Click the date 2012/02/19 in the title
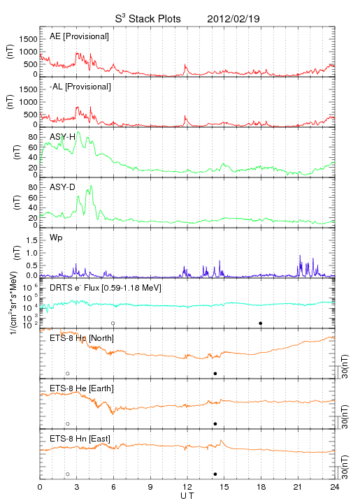click(x=233, y=19)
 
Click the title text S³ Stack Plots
click(x=148, y=19)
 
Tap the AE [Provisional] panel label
click(x=79, y=36)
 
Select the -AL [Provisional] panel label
click(x=80, y=87)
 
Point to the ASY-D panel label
click(x=62, y=187)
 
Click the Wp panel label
click(x=56, y=238)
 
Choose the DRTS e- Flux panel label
click(x=106, y=288)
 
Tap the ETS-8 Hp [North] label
click(x=82, y=338)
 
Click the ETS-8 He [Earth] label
click(x=82, y=388)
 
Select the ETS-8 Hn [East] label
click(x=80, y=439)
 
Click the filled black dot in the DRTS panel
click(x=261, y=323)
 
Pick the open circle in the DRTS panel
click(x=113, y=323)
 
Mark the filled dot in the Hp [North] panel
click(x=215, y=373)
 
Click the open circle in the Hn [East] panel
click(x=68, y=474)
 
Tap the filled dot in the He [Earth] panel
click(x=215, y=424)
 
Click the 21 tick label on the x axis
click(x=298, y=487)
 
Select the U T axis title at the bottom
click(x=187, y=496)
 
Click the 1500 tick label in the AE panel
click(x=28, y=39)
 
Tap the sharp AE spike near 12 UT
click(x=185, y=65)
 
